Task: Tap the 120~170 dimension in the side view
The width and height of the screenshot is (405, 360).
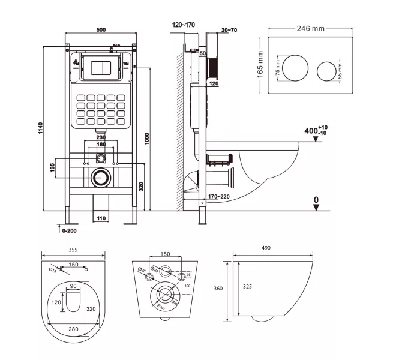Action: click(183, 25)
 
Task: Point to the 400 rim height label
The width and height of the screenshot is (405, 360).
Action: click(314, 130)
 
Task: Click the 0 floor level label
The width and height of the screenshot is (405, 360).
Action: click(316, 200)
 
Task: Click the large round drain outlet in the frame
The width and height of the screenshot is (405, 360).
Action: click(100, 178)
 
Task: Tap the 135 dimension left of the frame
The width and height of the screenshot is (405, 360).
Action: click(52, 166)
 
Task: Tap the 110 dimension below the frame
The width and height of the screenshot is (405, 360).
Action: click(100, 218)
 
